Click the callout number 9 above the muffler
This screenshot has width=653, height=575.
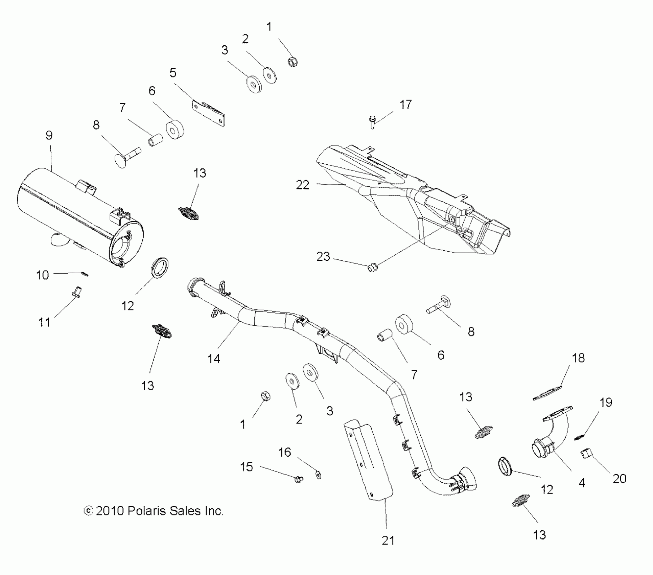(49, 136)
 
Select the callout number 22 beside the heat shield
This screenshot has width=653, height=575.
(302, 185)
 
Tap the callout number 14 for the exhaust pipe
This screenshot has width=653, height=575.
(214, 359)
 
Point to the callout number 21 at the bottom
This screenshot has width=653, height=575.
(388, 540)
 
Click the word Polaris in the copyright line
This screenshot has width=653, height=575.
(147, 511)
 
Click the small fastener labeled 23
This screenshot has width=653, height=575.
(372, 269)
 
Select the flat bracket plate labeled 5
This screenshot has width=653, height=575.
(208, 112)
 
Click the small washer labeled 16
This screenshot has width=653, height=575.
(318, 475)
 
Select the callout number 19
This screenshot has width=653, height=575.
(606, 402)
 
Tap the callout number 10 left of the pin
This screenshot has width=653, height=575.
(43, 275)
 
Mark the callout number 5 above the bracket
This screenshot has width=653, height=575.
(173, 73)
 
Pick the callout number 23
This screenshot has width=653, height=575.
(323, 256)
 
